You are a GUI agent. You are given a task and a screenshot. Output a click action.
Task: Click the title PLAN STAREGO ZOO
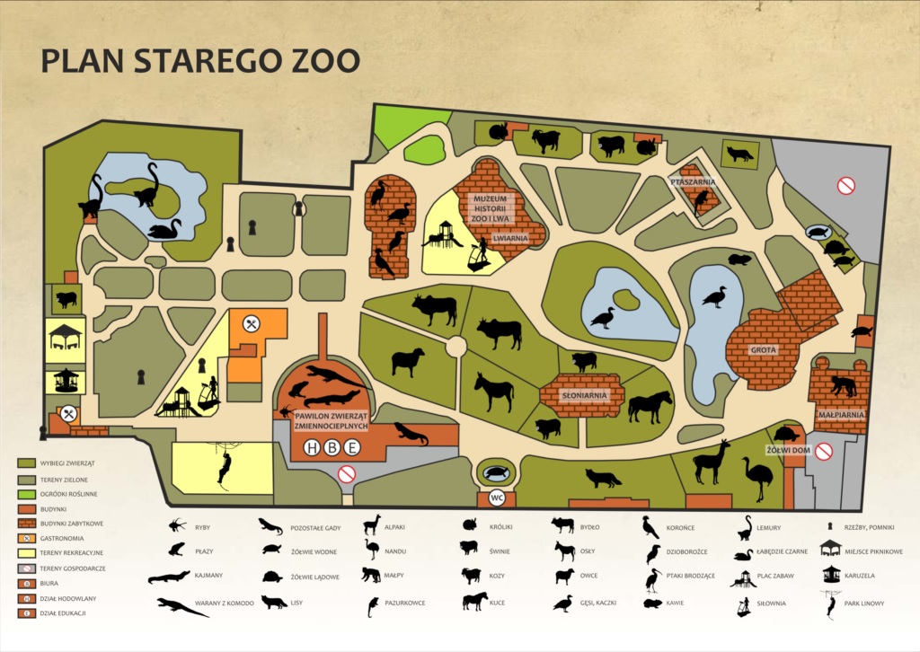pos(200,60)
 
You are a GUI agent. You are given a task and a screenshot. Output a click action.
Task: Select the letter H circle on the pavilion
pos(312,448)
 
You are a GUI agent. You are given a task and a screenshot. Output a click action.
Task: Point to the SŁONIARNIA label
pos(581,395)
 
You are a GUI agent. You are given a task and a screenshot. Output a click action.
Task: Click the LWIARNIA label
pos(510,238)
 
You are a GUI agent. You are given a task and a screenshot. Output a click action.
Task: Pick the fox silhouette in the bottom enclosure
pos(603,478)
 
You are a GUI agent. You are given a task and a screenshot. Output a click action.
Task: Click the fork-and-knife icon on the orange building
pos(252,322)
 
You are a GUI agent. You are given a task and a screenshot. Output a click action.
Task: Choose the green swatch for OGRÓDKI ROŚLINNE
pos(25,493)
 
